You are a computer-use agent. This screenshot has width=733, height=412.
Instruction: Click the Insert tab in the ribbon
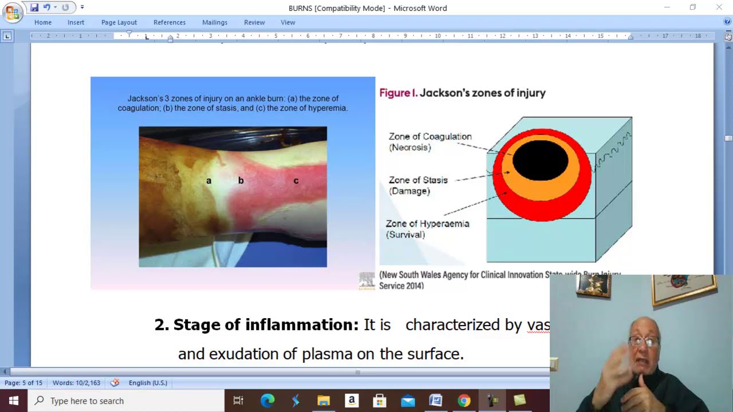click(76, 22)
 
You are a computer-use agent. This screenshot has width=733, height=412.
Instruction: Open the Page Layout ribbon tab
click(119, 22)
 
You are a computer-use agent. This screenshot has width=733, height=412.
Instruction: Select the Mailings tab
click(215, 22)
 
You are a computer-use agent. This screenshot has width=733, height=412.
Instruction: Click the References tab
click(170, 22)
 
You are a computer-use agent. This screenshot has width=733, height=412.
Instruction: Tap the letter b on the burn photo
click(241, 180)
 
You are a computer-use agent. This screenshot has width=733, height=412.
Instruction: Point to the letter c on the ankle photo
click(296, 181)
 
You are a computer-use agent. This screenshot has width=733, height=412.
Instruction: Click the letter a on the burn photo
click(208, 181)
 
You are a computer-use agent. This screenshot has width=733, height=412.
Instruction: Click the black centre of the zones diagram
click(541, 159)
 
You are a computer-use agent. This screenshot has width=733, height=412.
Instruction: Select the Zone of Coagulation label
click(430, 141)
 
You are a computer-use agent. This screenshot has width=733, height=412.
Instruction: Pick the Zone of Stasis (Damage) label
click(418, 185)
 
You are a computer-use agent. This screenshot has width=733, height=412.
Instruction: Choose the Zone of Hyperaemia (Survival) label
click(427, 229)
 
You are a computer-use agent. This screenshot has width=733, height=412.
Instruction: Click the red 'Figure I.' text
click(399, 93)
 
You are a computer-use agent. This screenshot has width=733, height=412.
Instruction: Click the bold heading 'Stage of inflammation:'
click(256, 324)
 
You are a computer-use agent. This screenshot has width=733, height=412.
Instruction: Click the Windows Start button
click(14, 401)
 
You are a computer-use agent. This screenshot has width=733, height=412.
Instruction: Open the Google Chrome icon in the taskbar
click(464, 401)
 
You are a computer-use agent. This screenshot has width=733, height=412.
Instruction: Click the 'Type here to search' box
click(126, 401)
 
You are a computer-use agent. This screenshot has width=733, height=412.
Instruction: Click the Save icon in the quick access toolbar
click(34, 7)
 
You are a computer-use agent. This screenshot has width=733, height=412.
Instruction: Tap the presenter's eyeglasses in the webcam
click(644, 342)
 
